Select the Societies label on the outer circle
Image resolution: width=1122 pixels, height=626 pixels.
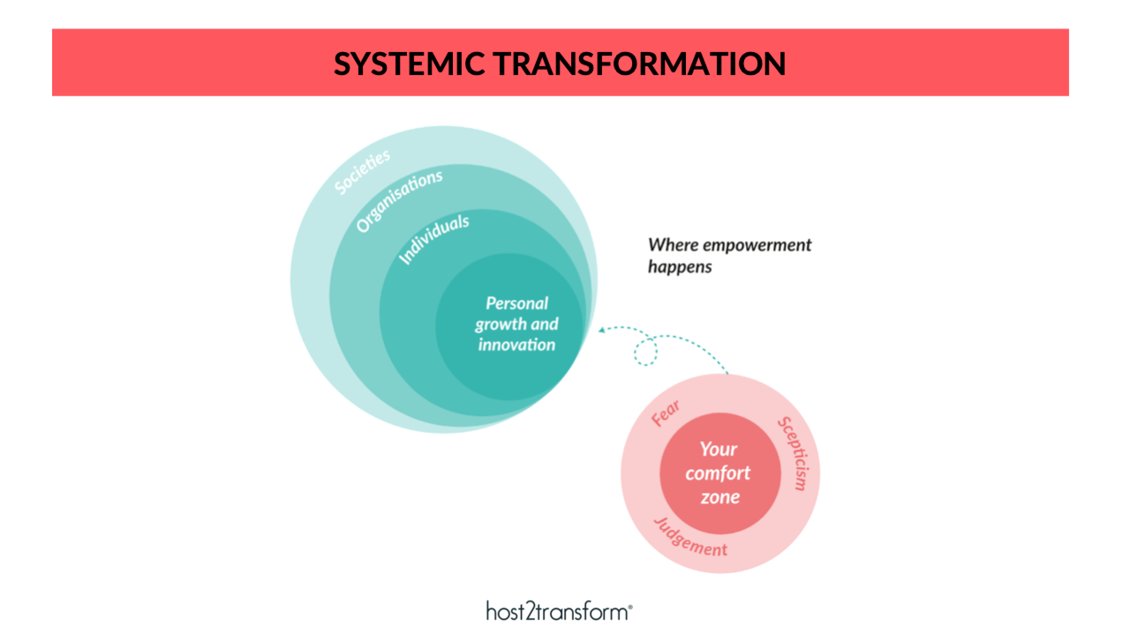(x=362, y=172)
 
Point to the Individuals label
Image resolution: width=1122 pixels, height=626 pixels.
(x=434, y=240)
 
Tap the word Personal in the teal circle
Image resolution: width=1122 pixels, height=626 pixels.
(x=517, y=304)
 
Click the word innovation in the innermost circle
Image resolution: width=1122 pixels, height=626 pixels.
(x=516, y=344)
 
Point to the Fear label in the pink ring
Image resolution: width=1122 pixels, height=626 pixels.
(x=666, y=414)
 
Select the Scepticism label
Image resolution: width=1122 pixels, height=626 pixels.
(x=793, y=453)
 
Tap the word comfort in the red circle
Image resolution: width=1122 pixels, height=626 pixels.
(x=718, y=473)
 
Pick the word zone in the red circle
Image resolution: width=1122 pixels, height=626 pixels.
(x=720, y=497)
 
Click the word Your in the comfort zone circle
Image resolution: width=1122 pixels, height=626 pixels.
(x=718, y=449)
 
